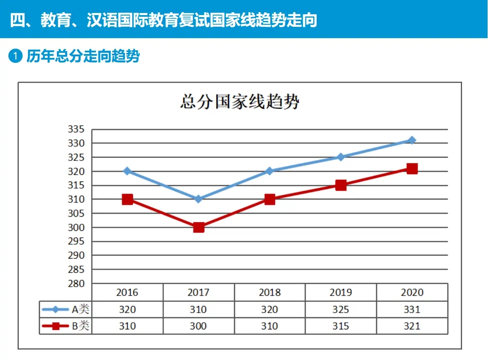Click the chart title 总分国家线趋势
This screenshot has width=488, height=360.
(240, 102)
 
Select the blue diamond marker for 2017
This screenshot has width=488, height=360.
(199, 199)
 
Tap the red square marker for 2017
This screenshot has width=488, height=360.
(199, 228)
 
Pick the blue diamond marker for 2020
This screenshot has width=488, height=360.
(412, 140)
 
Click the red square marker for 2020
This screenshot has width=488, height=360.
(412, 168)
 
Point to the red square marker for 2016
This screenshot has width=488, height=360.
(127, 199)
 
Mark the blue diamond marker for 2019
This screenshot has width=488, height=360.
(341, 157)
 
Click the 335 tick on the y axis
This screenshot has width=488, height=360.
(76, 129)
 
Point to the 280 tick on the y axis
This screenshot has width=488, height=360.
(76, 283)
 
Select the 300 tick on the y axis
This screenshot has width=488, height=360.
(76, 228)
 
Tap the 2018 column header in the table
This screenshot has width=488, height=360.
(269, 292)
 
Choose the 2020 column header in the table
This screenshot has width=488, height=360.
(412, 292)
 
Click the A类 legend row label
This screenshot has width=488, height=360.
(80, 310)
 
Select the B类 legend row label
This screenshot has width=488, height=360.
(80, 326)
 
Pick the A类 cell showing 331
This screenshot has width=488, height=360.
(412, 310)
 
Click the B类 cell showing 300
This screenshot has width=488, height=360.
(198, 326)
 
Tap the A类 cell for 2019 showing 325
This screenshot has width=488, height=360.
(341, 310)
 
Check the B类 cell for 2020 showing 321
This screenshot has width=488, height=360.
(412, 326)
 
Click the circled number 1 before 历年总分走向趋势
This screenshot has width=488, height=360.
(15, 56)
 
